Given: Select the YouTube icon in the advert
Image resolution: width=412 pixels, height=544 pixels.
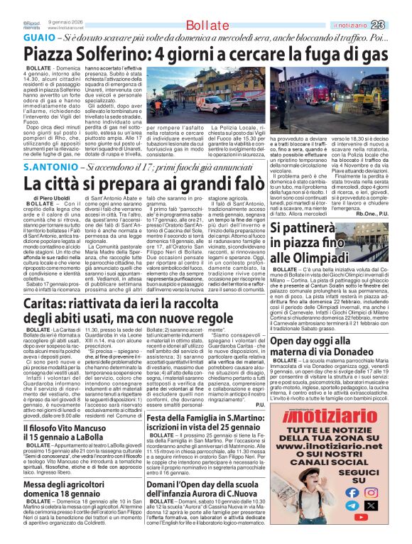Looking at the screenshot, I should (x=351, y=506).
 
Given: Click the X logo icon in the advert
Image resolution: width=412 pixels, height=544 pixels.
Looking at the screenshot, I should (x=370, y=506).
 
